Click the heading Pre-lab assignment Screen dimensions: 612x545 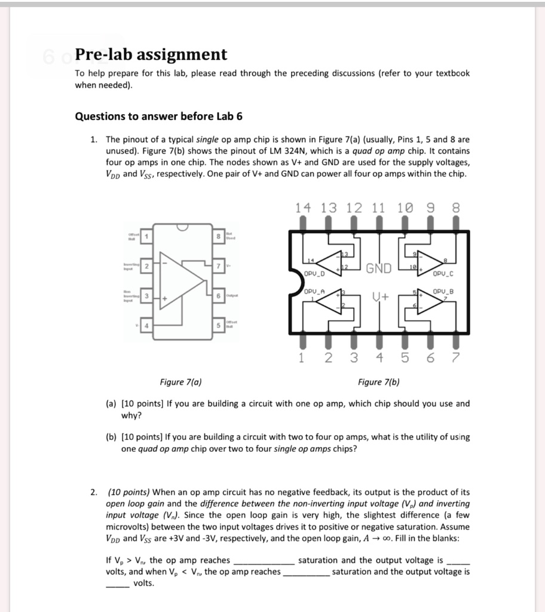[151, 55]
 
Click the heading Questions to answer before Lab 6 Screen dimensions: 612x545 [158, 116]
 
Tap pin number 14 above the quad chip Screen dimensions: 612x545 [303, 209]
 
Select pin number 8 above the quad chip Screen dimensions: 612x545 [457, 209]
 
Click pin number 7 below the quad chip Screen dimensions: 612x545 [457, 358]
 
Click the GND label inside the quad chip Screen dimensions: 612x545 [379, 268]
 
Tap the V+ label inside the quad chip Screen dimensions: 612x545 [379, 297]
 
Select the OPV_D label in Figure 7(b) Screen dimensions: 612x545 [314, 274]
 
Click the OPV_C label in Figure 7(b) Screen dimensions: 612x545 [443, 274]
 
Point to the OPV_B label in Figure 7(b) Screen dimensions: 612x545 [443, 291]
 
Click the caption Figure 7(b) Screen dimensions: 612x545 [378, 382]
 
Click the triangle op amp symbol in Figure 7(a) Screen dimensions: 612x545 [180, 281]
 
